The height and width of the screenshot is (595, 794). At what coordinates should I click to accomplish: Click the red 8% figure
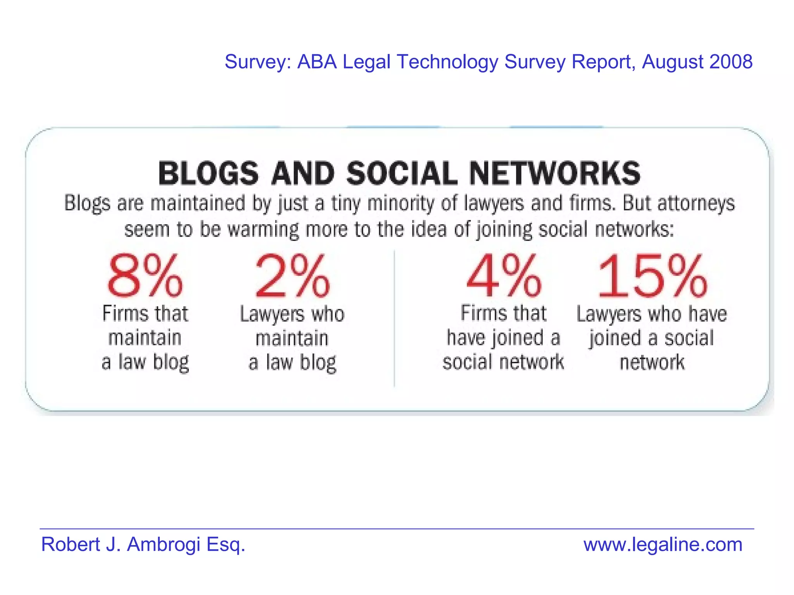tap(145, 276)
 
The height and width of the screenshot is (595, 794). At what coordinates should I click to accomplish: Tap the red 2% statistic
tap(292, 276)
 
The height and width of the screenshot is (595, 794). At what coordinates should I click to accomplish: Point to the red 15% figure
tap(652, 276)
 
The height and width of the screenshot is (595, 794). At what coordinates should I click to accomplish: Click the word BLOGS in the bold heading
tap(208, 174)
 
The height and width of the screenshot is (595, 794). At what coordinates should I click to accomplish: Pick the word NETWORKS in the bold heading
tap(555, 174)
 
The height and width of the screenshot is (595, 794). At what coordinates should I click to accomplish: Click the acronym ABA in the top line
tap(317, 62)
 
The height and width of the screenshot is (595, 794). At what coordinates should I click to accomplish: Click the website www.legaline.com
tap(663, 544)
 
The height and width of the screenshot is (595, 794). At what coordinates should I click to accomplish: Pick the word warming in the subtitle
tap(263, 229)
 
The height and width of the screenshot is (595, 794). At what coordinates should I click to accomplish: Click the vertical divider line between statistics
tap(394, 318)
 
